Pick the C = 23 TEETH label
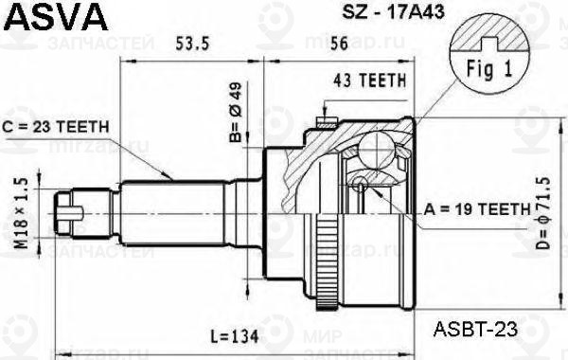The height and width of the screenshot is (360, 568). pyautogui.click(x=59, y=126)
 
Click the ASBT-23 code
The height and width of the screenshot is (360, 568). pyautogui.click(x=475, y=329)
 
